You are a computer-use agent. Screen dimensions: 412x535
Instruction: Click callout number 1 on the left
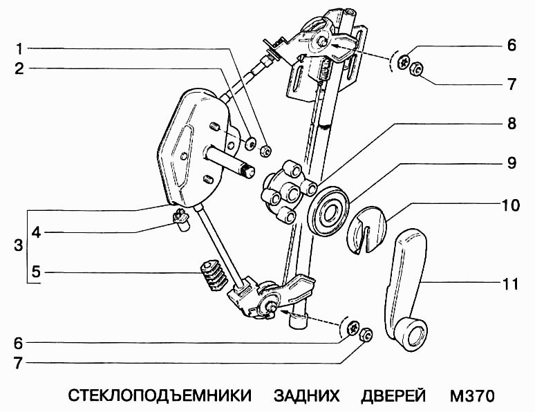[20, 50]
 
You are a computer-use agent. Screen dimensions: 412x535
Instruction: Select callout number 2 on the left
[20, 68]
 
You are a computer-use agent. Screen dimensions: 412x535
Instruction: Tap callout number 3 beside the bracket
[18, 245]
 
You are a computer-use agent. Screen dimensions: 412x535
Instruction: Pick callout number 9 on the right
[511, 164]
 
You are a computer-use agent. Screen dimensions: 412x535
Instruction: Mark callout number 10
[511, 205]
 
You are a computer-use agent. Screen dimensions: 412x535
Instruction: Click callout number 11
[511, 283]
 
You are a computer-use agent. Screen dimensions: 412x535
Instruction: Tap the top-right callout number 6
[511, 46]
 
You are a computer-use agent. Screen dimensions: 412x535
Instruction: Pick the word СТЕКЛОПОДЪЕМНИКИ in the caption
[159, 397]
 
